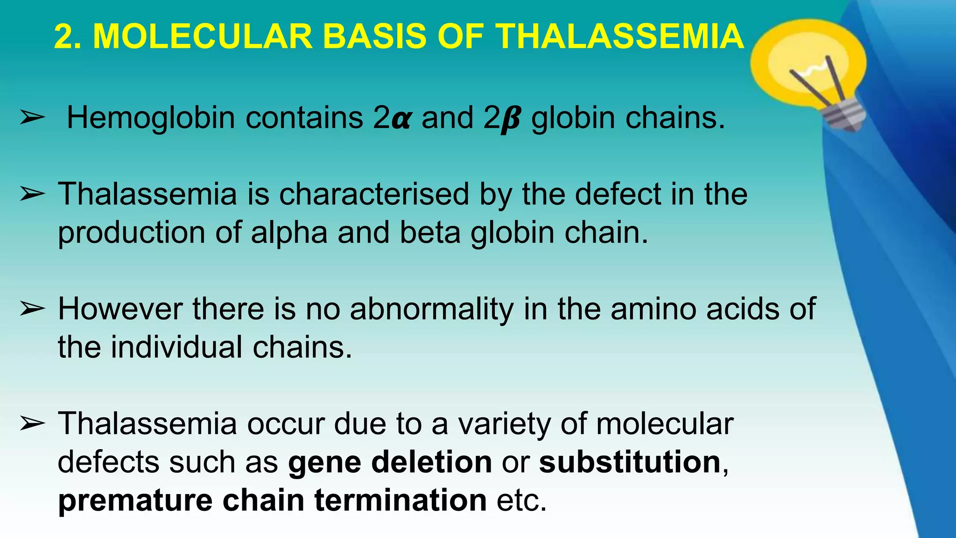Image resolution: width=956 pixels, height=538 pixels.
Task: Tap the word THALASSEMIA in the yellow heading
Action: click(x=619, y=36)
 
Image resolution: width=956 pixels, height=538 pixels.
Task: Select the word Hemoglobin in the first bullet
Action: click(x=151, y=117)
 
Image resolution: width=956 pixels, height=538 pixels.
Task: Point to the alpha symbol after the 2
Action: click(x=401, y=119)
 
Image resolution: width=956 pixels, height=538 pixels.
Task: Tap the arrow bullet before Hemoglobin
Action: click(x=32, y=118)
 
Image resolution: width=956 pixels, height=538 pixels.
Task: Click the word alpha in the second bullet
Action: click(x=289, y=233)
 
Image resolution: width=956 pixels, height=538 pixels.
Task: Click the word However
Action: click(x=120, y=309)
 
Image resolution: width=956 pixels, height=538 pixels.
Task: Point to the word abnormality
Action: click(x=431, y=310)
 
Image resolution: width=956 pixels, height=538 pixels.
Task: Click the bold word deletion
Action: click(x=431, y=462)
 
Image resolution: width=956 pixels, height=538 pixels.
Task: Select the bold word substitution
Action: click(x=630, y=462)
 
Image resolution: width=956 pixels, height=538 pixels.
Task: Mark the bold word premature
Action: click(x=135, y=500)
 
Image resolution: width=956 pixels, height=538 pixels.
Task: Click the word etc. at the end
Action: click(x=521, y=500)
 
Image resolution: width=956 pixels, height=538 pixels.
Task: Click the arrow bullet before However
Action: click(x=32, y=309)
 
